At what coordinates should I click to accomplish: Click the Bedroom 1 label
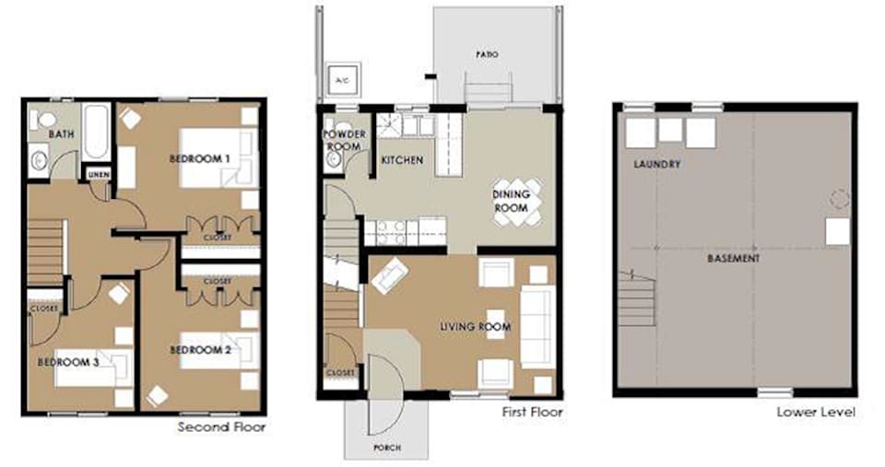200,159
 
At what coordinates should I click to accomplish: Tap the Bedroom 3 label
67,362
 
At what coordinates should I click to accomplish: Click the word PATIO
487,54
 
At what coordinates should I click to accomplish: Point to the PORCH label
387,448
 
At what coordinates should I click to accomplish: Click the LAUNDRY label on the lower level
656,164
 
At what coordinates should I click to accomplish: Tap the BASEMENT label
733,258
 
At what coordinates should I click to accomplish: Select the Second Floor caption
221,427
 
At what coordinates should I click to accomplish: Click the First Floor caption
532,413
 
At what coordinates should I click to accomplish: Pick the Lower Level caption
816,413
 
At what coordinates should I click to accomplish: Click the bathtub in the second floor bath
95,132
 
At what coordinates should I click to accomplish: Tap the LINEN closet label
99,175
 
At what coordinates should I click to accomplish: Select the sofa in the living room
537,327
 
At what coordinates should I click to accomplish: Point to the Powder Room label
344,140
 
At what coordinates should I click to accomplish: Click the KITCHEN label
402,160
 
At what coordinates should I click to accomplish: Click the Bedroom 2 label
200,350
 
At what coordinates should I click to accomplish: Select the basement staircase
637,299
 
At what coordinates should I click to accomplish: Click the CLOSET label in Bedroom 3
44,309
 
